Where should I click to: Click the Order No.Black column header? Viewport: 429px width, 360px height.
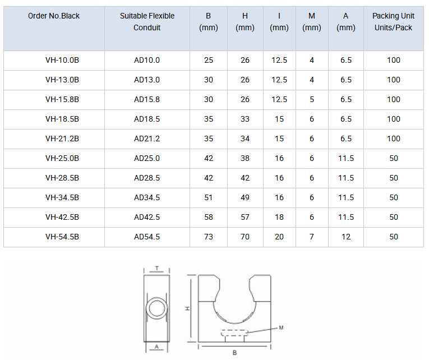54,16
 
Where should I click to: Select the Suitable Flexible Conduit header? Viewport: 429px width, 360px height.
147,22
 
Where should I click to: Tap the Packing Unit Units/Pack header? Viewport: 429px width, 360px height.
393,22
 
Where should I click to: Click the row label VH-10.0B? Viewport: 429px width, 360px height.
62,60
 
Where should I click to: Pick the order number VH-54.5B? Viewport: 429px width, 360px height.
62,237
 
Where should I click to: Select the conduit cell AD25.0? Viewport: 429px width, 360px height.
147,158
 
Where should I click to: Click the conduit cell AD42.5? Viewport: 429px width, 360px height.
147,217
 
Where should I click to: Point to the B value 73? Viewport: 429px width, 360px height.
209,237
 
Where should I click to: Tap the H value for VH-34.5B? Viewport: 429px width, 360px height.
245,197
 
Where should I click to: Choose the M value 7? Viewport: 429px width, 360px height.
312,237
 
